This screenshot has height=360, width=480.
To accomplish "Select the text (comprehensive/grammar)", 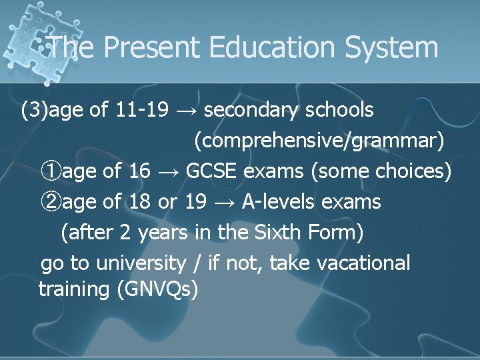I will coord(319,141).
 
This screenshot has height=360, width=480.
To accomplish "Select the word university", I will coord(141,263).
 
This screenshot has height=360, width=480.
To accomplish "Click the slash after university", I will coord(196,263).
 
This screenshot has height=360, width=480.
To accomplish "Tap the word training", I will coord(74,289).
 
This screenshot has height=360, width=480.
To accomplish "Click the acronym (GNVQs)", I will coord(157,290).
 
